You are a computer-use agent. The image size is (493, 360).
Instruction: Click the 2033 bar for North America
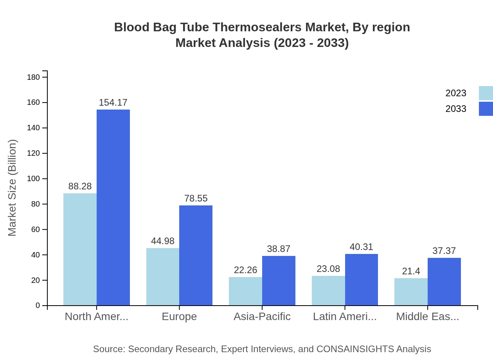click(x=113, y=207)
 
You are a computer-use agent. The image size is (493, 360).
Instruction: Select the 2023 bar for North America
click(x=80, y=249)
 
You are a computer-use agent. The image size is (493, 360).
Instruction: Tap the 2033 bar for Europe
click(x=196, y=255)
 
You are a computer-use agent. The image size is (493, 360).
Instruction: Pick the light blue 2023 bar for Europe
click(x=163, y=277)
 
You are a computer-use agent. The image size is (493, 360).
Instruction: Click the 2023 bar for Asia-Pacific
click(x=245, y=291)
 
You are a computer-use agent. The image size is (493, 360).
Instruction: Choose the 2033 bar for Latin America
click(x=362, y=279)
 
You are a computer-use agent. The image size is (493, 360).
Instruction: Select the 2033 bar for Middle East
click(x=444, y=281)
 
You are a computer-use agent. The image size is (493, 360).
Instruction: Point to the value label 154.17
click(x=113, y=103)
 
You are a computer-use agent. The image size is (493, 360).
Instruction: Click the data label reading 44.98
click(x=163, y=241)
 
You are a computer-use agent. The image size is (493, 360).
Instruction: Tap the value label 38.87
click(x=279, y=249)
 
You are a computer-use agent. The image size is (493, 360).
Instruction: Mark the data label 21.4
click(x=411, y=271)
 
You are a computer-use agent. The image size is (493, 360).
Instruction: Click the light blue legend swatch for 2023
click(x=486, y=93)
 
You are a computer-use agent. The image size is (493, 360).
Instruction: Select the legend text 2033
click(x=456, y=109)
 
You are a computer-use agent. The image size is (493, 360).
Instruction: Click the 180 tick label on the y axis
click(x=34, y=77)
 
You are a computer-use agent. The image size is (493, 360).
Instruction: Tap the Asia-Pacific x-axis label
click(x=262, y=317)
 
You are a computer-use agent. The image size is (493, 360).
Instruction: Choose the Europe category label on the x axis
click(x=179, y=317)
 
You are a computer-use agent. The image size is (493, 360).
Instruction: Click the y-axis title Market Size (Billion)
click(x=13, y=188)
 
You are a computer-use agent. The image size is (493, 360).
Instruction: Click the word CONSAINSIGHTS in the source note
click(x=355, y=349)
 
